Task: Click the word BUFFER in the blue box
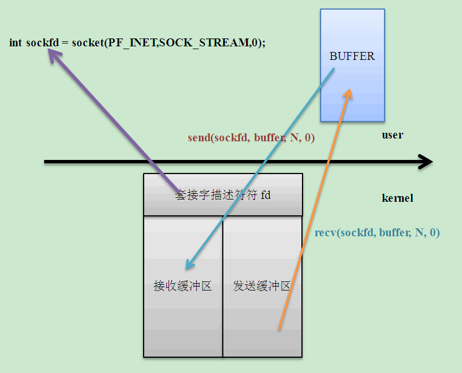352,57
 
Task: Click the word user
392,135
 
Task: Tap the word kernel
398,198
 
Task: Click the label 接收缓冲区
183,286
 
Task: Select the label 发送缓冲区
262,286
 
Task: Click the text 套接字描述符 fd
223,196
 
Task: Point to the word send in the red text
199,138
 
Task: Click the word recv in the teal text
325,232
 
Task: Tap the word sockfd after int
42,43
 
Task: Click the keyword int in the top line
15,43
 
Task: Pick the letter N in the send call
293,138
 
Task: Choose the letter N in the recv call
419,232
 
